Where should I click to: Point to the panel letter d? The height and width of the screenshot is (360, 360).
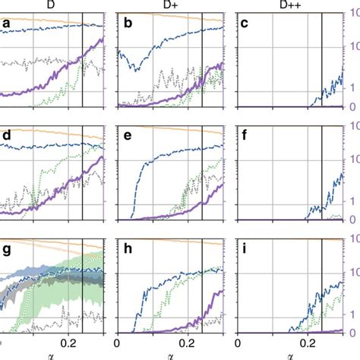[6, 137]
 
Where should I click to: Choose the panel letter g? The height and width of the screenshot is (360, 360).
[6, 250]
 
